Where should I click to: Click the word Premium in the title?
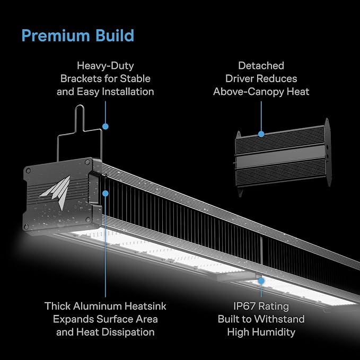(56, 36)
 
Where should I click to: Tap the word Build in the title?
(115, 36)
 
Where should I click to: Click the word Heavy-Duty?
(106, 66)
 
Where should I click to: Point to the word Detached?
(261, 66)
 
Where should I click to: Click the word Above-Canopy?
(249, 92)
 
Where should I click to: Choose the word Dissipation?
(131, 332)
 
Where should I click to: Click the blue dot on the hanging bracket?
(106, 126)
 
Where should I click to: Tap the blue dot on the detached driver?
(261, 134)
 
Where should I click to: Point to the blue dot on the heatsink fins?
(106, 194)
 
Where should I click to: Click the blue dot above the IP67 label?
(261, 280)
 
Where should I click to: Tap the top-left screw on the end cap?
(28, 171)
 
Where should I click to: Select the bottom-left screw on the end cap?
(27, 227)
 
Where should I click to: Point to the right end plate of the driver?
(328, 152)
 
